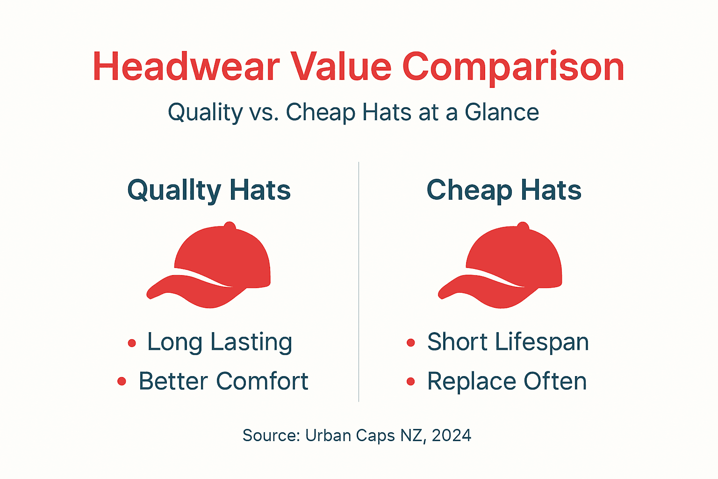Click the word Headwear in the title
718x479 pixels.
click(x=186, y=67)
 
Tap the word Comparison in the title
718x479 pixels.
click(x=513, y=67)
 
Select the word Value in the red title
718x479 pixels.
click(x=341, y=67)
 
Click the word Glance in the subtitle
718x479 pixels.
click(x=502, y=112)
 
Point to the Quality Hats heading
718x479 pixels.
click(x=209, y=190)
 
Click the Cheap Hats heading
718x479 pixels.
click(x=504, y=190)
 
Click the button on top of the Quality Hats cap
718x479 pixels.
click(x=230, y=226)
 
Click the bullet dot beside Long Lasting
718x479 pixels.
click(x=132, y=343)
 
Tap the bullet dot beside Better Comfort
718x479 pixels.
click(x=122, y=382)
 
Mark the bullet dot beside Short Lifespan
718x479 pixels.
click(x=411, y=343)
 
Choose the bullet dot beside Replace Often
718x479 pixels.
click(x=411, y=382)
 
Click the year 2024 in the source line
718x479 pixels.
click(x=452, y=435)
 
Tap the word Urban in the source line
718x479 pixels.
click(x=327, y=435)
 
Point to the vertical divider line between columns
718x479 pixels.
click(x=359, y=281)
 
